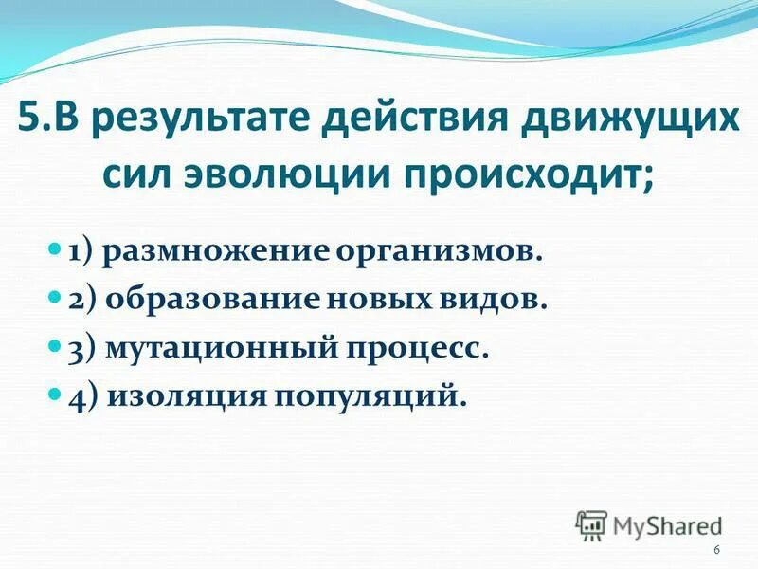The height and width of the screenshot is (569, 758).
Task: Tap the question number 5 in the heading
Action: click(x=28, y=123)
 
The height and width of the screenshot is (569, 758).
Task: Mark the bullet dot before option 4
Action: click(x=54, y=392)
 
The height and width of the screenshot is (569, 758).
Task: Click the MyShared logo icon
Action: click(x=591, y=525)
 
